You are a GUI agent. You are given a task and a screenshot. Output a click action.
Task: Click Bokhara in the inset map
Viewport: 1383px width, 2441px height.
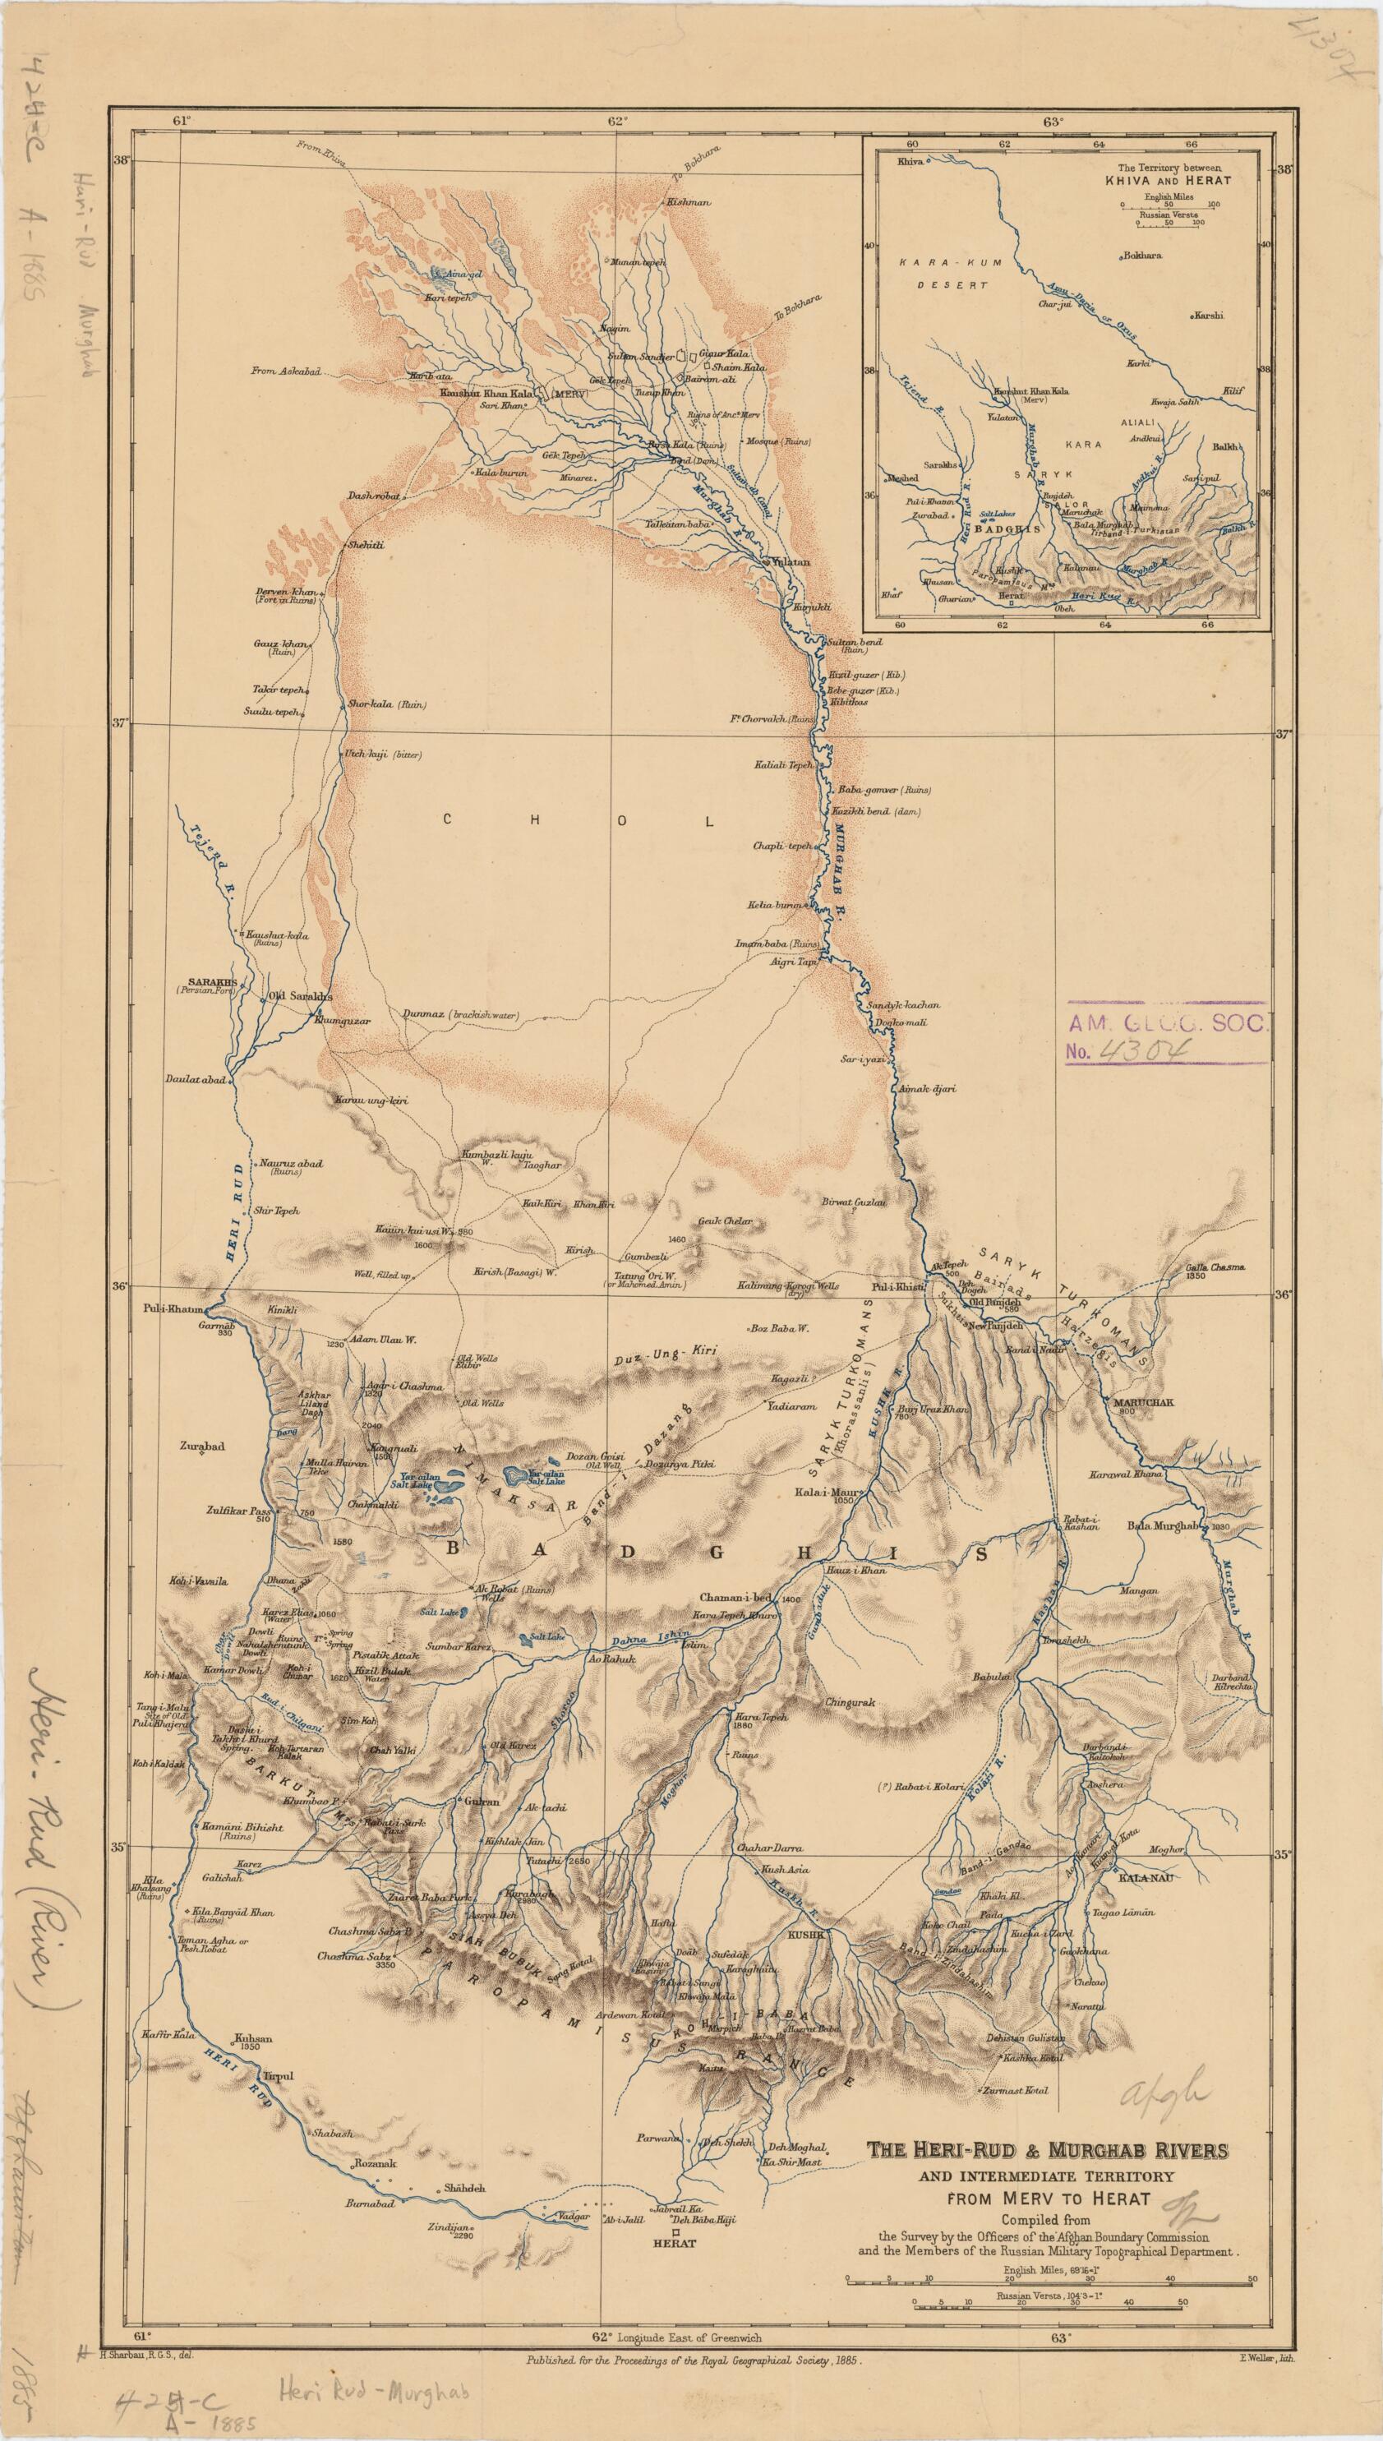(1144, 256)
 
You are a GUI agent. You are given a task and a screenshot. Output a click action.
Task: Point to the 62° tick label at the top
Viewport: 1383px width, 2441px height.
(618, 121)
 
